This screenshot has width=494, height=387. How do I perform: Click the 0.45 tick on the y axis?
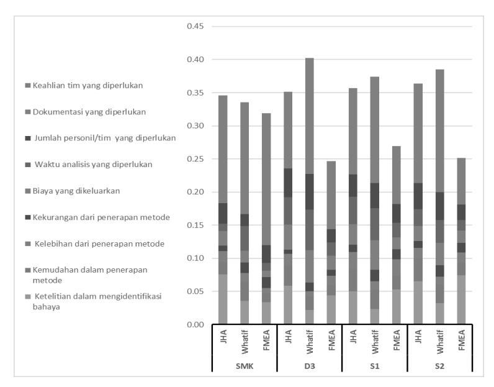[195, 26]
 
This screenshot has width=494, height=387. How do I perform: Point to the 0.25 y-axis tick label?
[195, 159]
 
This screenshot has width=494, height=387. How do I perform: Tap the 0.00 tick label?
[195, 324]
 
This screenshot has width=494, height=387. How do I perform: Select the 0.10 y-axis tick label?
[195, 258]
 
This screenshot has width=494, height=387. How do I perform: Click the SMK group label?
[245, 366]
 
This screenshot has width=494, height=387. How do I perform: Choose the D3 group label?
[310, 366]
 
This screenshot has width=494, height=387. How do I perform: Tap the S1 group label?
[375, 366]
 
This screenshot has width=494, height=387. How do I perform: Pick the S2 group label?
[440, 366]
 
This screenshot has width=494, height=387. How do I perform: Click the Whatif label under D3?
[310, 342]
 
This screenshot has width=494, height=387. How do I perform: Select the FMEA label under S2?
[462, 340]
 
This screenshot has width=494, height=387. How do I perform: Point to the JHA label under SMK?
[223, 336]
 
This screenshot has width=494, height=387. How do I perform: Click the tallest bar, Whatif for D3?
[310, 191]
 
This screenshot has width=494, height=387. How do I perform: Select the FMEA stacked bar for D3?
[331, 242]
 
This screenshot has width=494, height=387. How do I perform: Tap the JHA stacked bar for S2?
[418, 204]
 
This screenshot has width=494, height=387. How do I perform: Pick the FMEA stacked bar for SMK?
[266, 219]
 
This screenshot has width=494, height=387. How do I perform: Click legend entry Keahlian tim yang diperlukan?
[88, 86]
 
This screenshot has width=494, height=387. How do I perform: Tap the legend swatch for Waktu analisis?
[28, 165]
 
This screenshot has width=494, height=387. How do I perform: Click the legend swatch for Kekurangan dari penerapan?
[28, 217]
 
